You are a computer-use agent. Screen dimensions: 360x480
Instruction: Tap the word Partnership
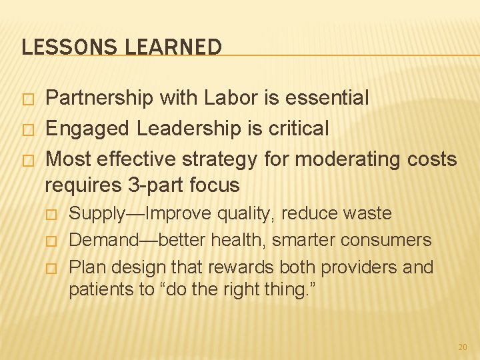[x=99, y=98]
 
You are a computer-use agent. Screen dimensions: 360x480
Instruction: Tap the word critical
[x=297, y=129]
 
